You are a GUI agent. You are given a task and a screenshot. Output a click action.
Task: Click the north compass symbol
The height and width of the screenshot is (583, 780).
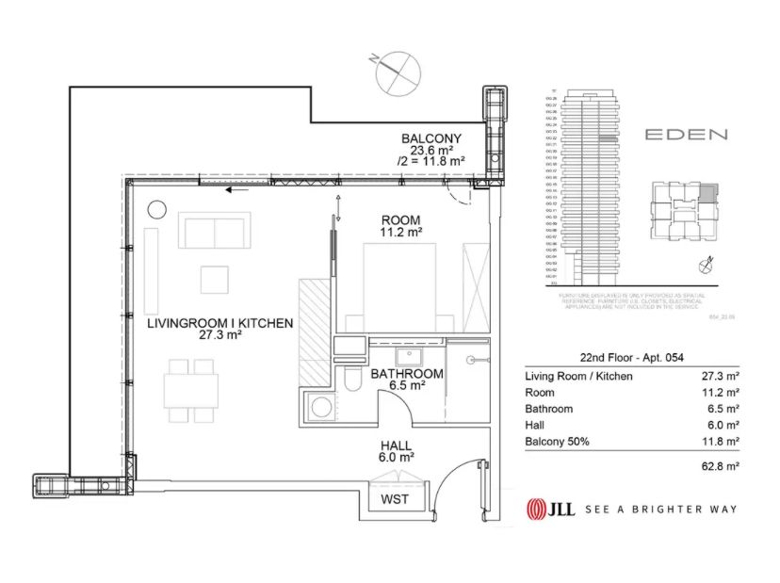click(395, 73)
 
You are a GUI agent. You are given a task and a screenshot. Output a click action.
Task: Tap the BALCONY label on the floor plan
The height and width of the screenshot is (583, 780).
click(431, 137)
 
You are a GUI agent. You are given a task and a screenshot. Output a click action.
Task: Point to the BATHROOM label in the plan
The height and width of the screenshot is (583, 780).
click(407, 373)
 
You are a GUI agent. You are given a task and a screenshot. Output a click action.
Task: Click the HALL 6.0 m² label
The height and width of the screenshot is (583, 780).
click(396, 449)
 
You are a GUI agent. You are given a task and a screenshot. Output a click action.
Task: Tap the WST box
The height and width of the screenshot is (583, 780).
click(395, 499)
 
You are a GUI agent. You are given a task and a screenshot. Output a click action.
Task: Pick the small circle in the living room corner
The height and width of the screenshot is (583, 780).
click(156, 208)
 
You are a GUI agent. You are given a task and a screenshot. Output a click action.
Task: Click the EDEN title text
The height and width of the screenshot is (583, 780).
click(686, 135)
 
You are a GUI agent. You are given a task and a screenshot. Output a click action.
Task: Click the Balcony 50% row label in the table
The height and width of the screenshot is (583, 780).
click(557, 441)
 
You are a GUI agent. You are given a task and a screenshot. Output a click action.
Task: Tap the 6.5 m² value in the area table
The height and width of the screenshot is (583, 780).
click(725, 409)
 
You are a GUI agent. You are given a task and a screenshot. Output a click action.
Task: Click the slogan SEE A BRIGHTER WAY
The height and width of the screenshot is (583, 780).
click(660, 510)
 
